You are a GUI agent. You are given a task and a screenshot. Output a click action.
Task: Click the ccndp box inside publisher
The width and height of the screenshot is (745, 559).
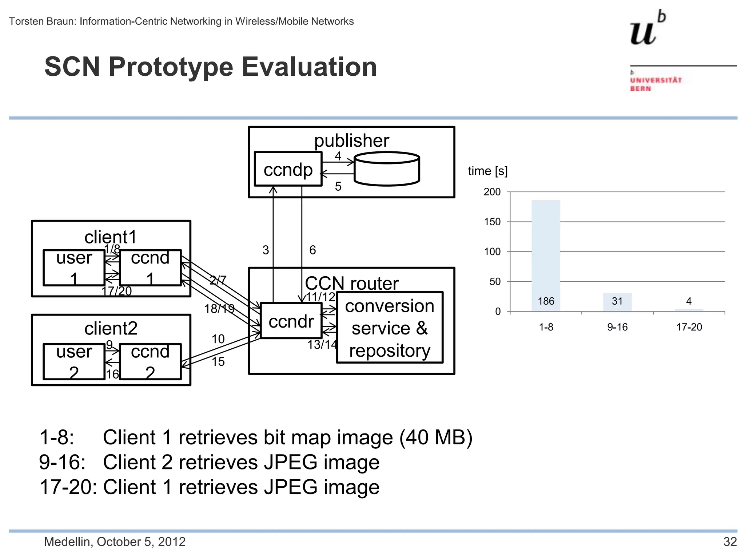click(288, 169)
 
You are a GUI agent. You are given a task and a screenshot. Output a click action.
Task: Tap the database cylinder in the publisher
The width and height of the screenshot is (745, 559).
click(387, 169)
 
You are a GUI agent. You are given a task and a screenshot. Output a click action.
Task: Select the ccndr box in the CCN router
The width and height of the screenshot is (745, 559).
click(291, 321)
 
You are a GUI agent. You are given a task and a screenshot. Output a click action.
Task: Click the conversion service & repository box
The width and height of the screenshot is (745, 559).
click(390, 328)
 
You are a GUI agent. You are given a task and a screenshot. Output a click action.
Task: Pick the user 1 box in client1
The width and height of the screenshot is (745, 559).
click(74, 268)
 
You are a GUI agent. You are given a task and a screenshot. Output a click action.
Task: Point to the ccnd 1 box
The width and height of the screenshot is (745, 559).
click(150, 268)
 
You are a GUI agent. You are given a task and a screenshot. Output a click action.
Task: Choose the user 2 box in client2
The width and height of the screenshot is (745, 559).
click(74, 362)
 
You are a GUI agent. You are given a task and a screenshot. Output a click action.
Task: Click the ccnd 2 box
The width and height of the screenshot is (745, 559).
click(150, 362)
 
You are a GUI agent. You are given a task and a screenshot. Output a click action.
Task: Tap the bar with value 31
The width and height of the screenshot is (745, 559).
click(617, 302)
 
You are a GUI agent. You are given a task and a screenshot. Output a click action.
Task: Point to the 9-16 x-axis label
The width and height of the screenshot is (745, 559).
click(617, 327)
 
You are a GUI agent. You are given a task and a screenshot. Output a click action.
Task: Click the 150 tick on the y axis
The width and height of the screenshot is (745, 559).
click(492, 222)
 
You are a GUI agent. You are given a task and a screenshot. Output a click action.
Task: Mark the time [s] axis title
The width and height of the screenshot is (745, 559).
click(487, 171)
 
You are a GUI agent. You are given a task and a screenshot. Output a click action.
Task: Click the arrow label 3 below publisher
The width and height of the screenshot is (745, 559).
click(266, 250)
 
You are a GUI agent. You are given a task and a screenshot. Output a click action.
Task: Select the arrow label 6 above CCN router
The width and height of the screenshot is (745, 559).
click(312, 250)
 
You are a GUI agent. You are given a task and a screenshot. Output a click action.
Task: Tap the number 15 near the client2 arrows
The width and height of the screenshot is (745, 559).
click(218, 361)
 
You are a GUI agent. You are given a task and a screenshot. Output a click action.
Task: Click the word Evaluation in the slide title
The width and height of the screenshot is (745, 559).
click(309, 67)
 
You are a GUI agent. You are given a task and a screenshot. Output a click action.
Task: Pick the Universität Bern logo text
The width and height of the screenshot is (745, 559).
click(656, 84)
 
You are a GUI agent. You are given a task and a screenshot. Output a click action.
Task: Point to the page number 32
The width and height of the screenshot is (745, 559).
click(730, 542)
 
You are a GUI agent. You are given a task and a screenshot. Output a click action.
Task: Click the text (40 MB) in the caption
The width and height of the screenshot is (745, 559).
click(435, 437)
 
